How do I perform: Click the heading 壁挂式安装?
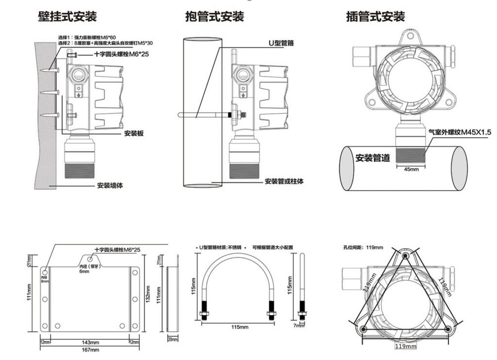pyautogui.click(x=67, y=16)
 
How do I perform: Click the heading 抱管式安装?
pyautogui.click(x=215, y=16)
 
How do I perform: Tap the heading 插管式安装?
pyautogui.click(x=375, y=16)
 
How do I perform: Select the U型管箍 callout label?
pyautogui.click(x=281, y=43)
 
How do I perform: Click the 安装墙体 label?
pyautogui.click(x=111, y=185)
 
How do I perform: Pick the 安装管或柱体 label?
pyautogui.click(x=284, y=181)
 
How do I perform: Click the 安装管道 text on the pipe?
pyautogui.click(x=373, y=158)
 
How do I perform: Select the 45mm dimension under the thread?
pyautogui.click(x=411, y=170)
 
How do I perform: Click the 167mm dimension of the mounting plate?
pyautogui.click(x=90, y=349)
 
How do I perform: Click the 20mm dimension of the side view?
pyautogui.click(x=173, y=339)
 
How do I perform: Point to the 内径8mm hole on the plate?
pyautogui.click(x=45, y=272)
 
